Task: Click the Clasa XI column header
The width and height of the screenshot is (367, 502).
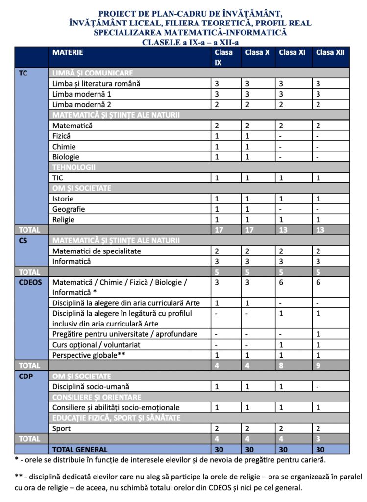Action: tap(292, 52)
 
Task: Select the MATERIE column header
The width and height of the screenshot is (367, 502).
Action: tap(68, 52)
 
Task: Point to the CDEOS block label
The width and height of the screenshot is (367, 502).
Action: tap(30, 282)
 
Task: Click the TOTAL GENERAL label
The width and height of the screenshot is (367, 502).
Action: tap(80, 449)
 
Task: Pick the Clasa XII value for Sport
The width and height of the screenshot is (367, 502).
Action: tap(318, 428)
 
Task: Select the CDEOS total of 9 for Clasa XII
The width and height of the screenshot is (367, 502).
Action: tap(318, 366)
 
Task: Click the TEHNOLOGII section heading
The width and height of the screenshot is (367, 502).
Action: tap(73, 167)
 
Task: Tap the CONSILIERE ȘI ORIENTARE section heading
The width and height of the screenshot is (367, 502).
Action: tap(97, 397)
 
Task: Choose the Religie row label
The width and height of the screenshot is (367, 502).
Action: tap(64, 220)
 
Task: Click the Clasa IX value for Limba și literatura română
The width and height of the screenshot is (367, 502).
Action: tap(217, 83)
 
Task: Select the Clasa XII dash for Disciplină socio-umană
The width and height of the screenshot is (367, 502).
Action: tap(318, 387)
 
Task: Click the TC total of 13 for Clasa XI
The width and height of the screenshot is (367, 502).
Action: tap(282, 230)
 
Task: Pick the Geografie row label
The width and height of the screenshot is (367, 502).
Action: tap(69, 209)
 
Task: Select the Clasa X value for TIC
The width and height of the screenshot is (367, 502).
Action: tap(247, 177)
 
